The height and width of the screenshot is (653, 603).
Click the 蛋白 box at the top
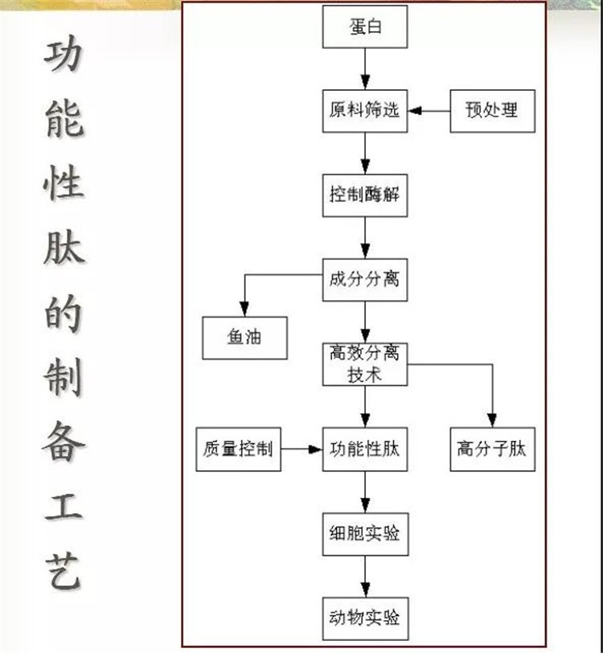point(365,27)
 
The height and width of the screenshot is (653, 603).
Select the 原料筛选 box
point(365,111)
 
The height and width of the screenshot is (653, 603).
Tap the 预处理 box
point(492,111)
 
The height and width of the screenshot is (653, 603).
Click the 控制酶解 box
point(365,195)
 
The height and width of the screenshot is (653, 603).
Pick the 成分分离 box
point(365,280)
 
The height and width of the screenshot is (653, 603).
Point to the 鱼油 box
point(245,338)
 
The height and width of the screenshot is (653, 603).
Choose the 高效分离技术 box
point(365,364)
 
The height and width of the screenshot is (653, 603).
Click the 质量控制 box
point(238,450)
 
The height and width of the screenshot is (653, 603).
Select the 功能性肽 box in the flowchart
point(365,450)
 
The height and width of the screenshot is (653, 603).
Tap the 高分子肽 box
point(492,450)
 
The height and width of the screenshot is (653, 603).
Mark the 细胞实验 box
point(365,534)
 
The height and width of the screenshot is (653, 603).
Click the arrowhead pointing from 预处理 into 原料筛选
point(415,111)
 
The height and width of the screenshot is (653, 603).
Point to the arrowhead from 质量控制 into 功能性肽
point(315,450)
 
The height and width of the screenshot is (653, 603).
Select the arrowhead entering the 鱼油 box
point(245,310)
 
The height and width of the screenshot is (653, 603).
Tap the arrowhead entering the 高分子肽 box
point(492,421)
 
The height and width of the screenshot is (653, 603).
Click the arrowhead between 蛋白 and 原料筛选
point(365,83)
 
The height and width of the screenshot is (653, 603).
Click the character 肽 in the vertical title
point(64,248)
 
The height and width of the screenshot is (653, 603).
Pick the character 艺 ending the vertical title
point(64,570)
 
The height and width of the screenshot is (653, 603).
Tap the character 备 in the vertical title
point(64,441)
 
